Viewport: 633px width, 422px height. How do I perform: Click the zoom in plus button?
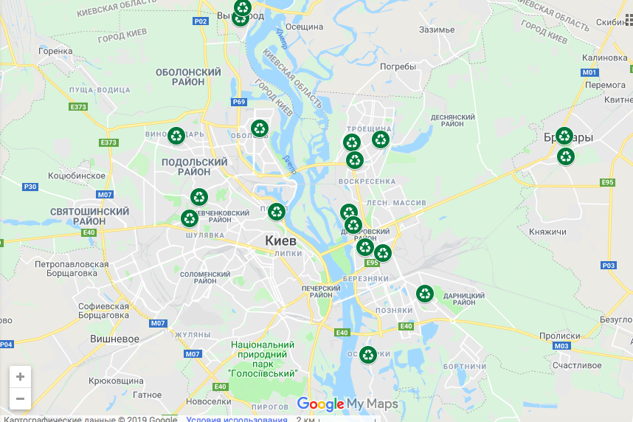pos(20,376)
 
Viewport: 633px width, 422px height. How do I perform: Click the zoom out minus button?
pos(20,398)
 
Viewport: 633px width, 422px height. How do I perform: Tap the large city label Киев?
pos(280,241)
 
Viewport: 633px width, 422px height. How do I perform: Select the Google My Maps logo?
pos(347,404)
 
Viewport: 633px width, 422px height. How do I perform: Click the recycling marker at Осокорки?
pos(368,355)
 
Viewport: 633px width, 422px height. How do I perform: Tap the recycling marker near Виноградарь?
pos(176,136)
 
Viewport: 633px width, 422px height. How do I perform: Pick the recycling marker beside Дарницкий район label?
pos(425,294)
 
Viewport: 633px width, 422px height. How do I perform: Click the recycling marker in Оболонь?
pos(260,128)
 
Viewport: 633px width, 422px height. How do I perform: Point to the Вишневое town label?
pos(114,339)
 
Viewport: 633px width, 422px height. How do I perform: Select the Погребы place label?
pos(398,66)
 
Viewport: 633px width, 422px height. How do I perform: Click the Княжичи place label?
pos(547,232)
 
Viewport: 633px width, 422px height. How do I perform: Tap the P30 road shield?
pos(30,187)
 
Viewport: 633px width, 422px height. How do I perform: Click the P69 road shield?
pos(238,102)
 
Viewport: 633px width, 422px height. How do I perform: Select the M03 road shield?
pos(561,346)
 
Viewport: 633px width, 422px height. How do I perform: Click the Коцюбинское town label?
pos(76,176)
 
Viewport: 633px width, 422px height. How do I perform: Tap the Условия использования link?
pos(236,419)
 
